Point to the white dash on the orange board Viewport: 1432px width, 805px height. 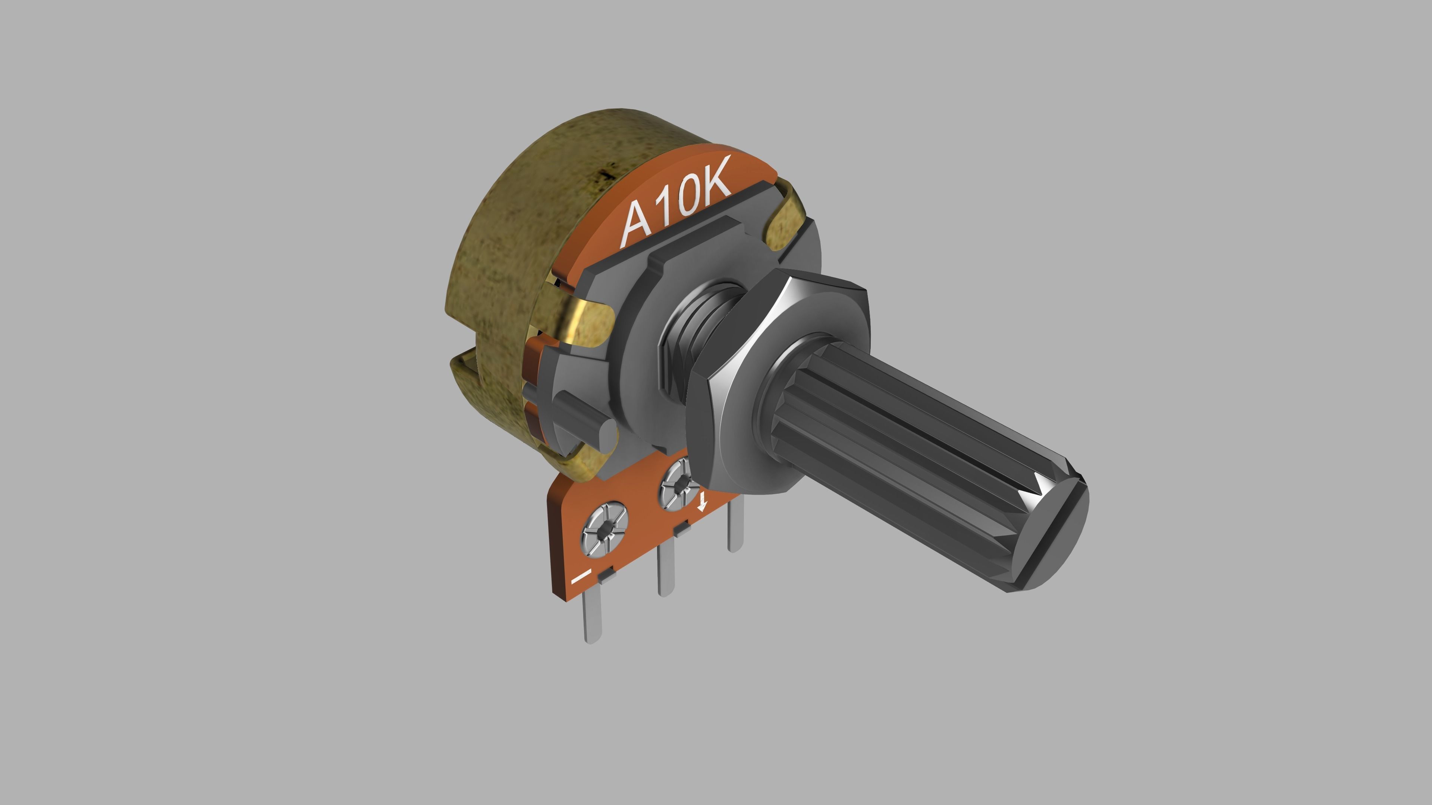(581, 576)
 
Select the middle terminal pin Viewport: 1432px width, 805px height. (665, 572)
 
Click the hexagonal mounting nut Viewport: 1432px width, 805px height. (778, 389)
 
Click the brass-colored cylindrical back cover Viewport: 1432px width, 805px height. (500, 250)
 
